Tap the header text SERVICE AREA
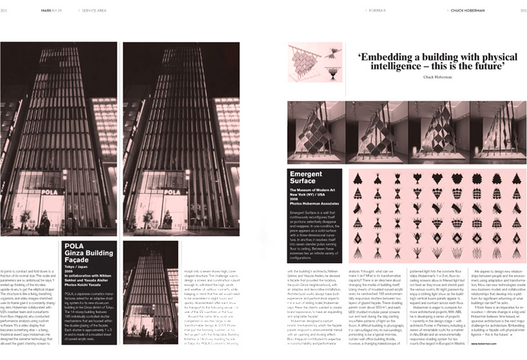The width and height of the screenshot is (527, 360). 96,10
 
